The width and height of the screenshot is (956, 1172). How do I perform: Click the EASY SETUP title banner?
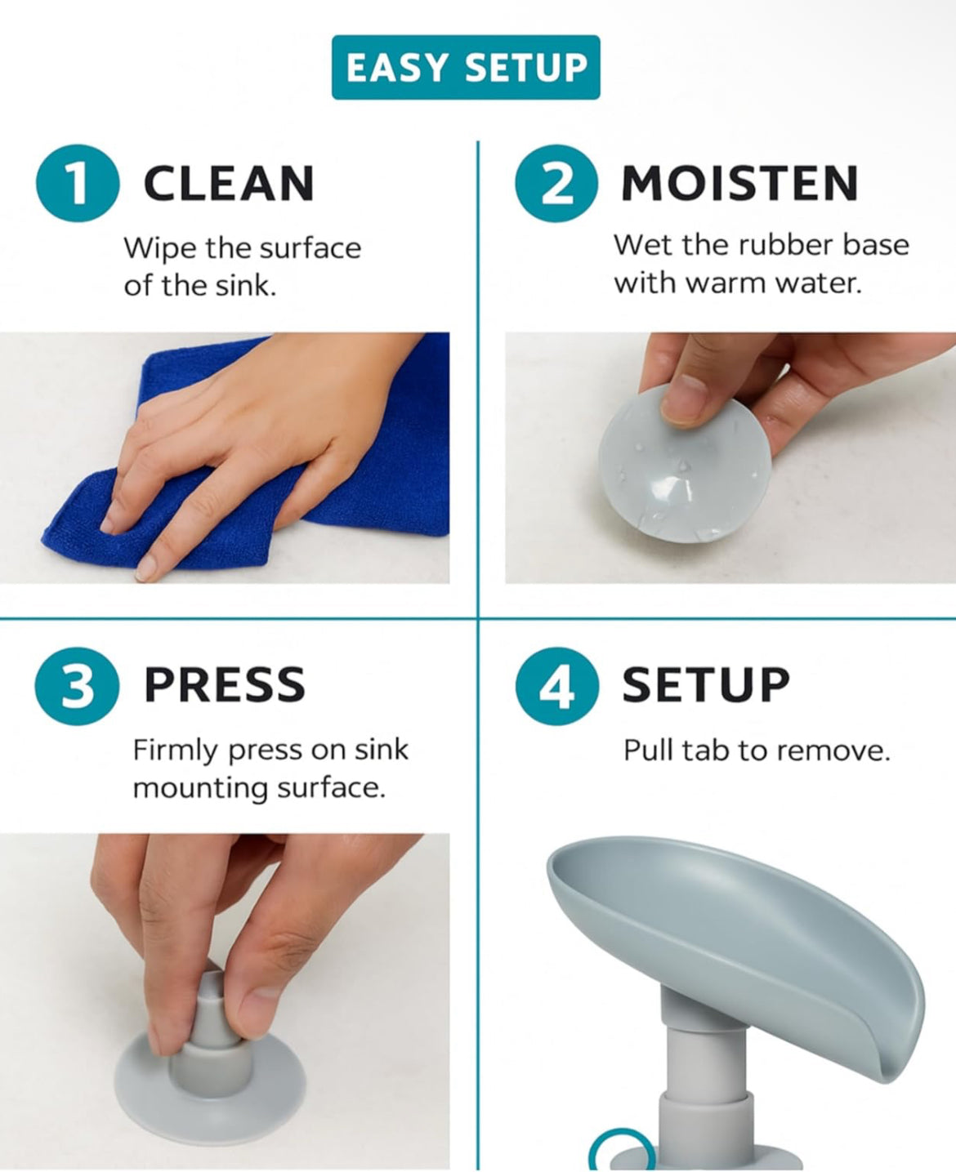[466, 68]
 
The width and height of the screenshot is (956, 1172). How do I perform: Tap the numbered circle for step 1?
[77, 183]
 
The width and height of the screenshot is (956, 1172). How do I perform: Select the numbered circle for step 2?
[556, 183]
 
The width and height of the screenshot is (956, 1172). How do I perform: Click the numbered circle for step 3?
[77, 685]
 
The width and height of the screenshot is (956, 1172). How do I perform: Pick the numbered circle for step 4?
[556, 685]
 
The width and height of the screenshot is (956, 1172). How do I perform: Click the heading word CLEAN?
[229, 184]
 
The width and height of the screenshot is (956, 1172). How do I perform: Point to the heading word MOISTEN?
[739, 184]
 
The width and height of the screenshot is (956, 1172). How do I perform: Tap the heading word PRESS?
[225, 685]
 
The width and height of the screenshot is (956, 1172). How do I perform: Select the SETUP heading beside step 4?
[706, 685]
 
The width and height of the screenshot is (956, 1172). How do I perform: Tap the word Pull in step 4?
[648, 750]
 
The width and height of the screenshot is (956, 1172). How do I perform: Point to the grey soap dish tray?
[735, 923]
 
